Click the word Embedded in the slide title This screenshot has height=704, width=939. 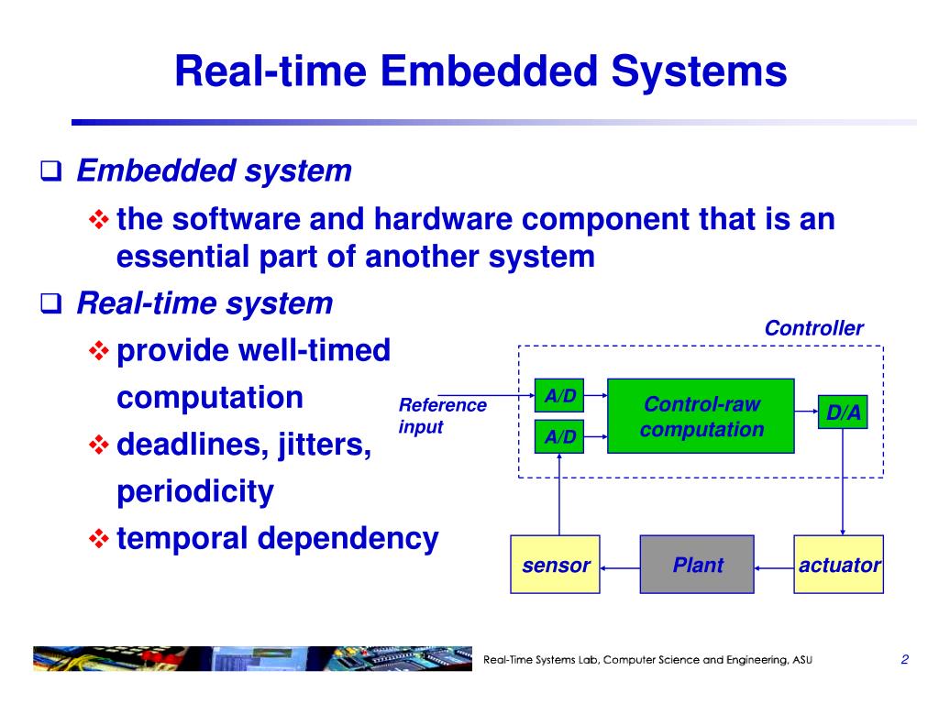tap(489, 71)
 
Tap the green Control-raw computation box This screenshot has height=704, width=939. tap(701, 416)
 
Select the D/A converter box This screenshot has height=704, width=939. tap(843, 412)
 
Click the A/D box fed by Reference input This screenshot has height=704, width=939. tap(559, 395)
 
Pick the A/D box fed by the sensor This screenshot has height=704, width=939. tap(559, 436)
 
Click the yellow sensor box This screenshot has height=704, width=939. tap(555, 565)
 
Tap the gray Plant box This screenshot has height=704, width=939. tap(697, 565)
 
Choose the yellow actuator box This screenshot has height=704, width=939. tap(838, 565)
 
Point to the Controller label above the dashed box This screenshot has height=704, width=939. tap(814, 328)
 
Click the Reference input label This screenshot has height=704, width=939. tap(443, 416)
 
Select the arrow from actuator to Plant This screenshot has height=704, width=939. tap(774, 568)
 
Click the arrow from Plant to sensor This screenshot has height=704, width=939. tap(621, 568)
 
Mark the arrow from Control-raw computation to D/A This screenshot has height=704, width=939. tap(807, 412)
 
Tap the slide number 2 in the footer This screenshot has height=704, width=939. tap(904, 660)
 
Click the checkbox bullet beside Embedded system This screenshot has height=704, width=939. tap(51, 171)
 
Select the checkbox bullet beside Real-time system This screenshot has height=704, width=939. tap(51, 303)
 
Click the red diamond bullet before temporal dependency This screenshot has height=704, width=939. tap(99, 538)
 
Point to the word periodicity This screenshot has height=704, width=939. tap(195, 492)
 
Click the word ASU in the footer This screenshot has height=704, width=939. tap(802, 660)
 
